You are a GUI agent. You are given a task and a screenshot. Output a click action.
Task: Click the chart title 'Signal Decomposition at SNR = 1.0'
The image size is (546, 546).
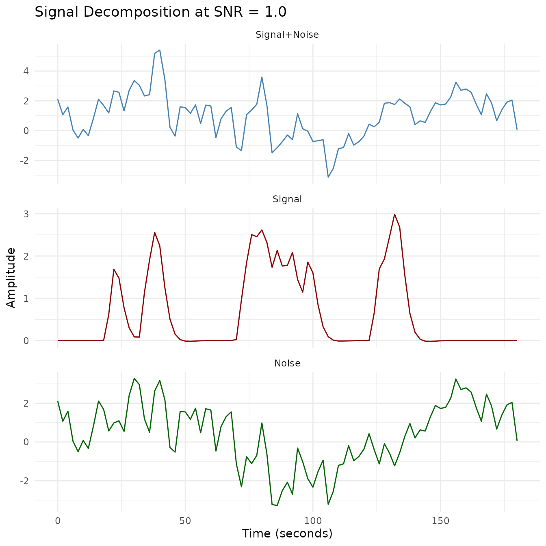[x=160, y=12]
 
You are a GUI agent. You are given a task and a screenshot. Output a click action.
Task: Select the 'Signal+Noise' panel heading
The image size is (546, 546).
[x=287, y=35]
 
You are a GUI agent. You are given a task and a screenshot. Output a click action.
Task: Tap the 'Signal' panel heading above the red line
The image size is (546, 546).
[x=287, y=199]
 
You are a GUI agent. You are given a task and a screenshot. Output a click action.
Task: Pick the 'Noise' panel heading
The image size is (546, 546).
[x=287, y=363]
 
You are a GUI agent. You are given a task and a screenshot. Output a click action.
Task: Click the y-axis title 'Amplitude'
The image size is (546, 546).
[x=11, y=277]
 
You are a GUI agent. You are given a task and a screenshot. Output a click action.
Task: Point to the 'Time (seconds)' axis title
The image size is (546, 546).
[x=287, y=533]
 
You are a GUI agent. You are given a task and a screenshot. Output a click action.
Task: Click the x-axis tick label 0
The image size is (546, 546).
[x=58, y=520]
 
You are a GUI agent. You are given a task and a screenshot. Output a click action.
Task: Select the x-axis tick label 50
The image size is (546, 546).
[x=185, y=520]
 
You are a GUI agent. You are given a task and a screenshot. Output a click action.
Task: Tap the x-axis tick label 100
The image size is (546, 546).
[x=313, y=520]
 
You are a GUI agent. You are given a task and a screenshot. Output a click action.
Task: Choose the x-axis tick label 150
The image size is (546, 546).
[x=441, y=520]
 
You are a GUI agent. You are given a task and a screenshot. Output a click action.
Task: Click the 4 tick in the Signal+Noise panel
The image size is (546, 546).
[x=26, y=71]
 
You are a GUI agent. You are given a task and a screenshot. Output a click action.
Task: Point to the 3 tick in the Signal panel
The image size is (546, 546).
[x=26, y=214]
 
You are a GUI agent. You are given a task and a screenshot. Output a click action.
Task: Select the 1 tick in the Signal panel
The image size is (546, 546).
[x=26, y=298]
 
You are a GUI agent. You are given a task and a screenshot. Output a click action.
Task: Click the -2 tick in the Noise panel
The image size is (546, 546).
[x=24, y=481]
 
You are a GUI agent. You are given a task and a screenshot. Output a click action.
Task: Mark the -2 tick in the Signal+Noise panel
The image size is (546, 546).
[x=24, y=160]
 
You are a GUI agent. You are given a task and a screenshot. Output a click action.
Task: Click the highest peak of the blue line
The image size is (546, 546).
[x=160, y=50]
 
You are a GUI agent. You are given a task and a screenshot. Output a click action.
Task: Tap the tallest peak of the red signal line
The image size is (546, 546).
[x=394, y=214]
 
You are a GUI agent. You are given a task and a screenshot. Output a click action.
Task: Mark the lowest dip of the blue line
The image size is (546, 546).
[x=328, y=177]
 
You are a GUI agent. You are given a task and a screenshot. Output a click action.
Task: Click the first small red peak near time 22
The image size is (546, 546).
[x=114, y=269]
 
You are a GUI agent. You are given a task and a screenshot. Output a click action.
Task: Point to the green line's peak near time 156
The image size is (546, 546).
[x=456, y=379]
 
